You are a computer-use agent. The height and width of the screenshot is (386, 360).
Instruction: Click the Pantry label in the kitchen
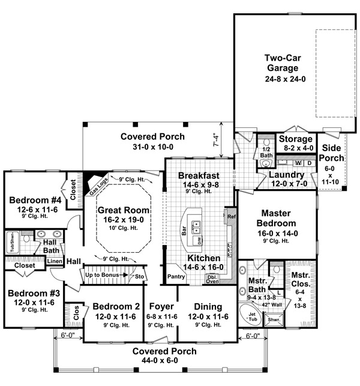(176, 277)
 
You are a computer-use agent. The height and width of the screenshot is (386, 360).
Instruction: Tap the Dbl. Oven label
(212, 278)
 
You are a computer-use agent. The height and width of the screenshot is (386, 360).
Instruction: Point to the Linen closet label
(54, 261)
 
